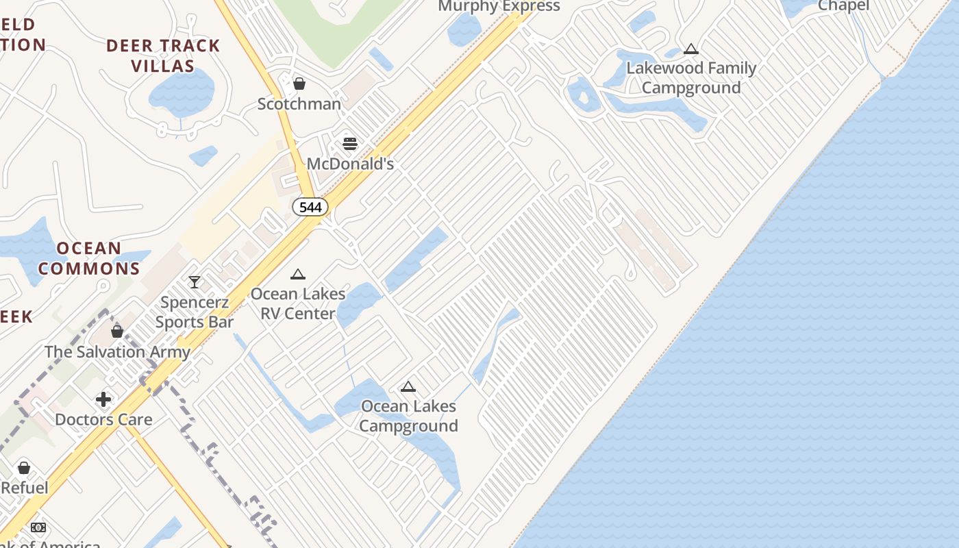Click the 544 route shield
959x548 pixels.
[x=310, y=207]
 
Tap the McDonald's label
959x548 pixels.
[x=350, y=164]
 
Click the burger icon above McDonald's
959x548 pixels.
[x=350, y=144]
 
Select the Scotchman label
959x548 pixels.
[x=299, y=104]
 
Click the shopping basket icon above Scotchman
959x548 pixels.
[x=299, y=84]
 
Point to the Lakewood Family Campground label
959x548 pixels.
[x=691, y=78]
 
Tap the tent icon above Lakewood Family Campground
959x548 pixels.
[x=691, y=49]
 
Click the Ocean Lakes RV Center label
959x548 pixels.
[x=297, y=303]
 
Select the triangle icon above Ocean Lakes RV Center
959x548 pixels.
[x=297, y=275]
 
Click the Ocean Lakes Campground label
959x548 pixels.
[x=408, y=416]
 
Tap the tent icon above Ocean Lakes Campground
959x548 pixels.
[x=408, y=387]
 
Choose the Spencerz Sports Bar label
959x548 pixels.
[x=195, y=312]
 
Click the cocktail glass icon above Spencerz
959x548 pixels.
[x=195, y=282]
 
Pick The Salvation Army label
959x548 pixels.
[x=117, y=352]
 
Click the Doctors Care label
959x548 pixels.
[x=103, y=419]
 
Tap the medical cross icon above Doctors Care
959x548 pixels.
[x=103, y=399]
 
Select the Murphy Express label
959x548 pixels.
[x=499, y=6]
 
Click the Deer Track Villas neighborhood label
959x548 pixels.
[x=163, y=56]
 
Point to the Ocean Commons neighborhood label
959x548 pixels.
[x=89, y=258]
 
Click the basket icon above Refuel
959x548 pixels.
[x=24, y=468]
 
